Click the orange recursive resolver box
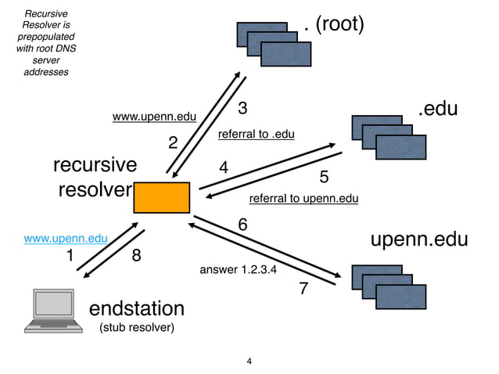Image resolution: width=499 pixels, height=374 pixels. (162, 197)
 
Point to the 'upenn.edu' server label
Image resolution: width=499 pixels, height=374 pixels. (422, 239)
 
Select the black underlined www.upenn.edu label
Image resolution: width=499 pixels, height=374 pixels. (154, 117)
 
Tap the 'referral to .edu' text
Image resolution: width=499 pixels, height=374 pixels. (256, 134)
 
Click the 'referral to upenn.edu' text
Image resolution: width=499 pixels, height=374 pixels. (303, 199)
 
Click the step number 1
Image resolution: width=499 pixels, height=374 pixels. (69, 256)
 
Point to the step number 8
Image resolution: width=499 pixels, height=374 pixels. (136, 256)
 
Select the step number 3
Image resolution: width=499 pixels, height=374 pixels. (242, 107)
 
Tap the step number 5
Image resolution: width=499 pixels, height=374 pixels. (324, 178)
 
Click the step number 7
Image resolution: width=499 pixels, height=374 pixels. (303, 289)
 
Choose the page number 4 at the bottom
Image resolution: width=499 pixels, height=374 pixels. (249, 361)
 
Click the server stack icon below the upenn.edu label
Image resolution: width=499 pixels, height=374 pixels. (389, 287)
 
